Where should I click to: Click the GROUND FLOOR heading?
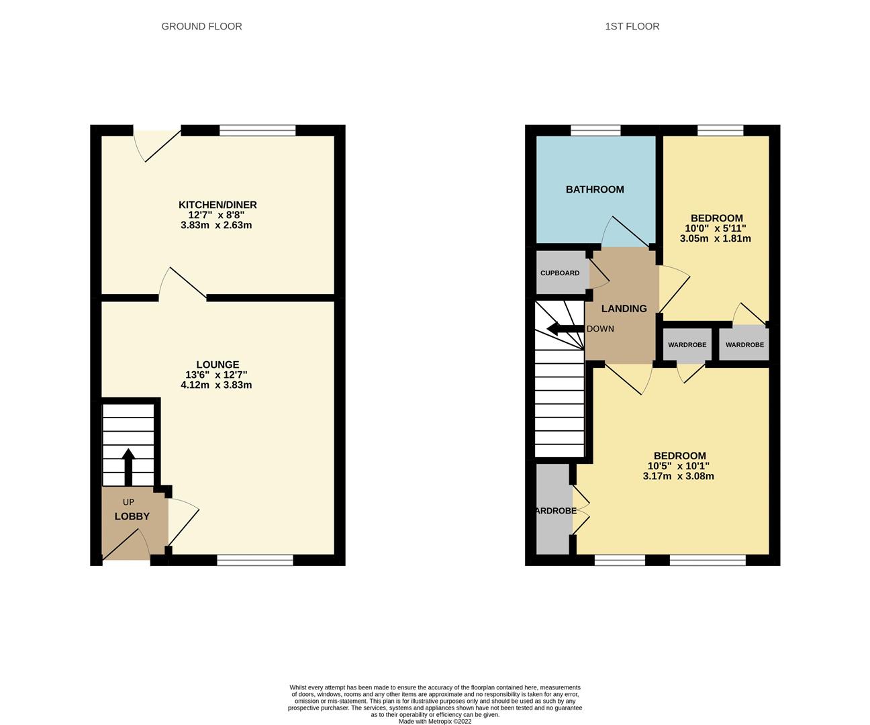click(201, 26)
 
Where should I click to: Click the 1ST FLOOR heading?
click(632, 26)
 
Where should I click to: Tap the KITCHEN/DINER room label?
click(217, 205)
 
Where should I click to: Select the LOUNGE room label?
click(217, 365)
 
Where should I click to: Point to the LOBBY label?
click(132, 516)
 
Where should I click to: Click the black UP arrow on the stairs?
click(128, 466)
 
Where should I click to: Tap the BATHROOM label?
click(595, 189)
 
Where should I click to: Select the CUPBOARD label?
click(560, 273)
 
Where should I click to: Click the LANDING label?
click(624, 309)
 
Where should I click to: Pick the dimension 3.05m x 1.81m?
click(715, 238)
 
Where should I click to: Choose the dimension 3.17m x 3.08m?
click(677, 477)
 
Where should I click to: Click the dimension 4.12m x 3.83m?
click(216, 385)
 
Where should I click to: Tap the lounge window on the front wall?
click(255, 560)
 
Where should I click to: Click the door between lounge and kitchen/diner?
click(183, 285)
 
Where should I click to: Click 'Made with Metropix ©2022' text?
click(435, 722)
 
